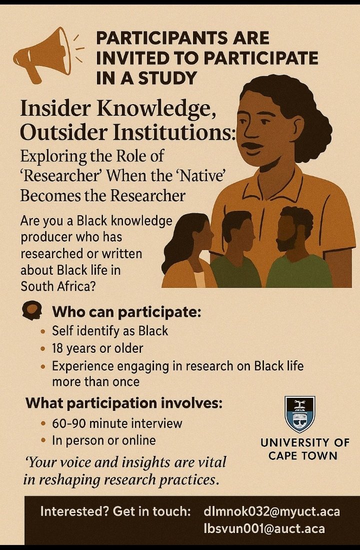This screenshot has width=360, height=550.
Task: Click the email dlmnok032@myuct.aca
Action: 271,511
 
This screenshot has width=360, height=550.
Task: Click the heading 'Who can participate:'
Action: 126,313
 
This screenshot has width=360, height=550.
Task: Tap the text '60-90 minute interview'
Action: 117,423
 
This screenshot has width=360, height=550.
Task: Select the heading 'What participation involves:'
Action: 124,402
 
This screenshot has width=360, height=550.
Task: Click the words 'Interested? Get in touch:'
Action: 115,511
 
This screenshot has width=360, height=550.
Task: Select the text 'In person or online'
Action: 104,441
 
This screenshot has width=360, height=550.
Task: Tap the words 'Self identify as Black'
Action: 110,331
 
